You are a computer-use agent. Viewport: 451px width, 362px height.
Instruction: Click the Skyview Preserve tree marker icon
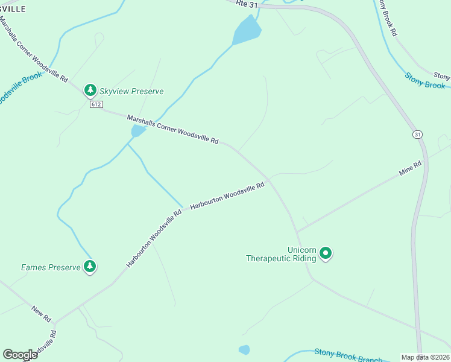tap(90, 91)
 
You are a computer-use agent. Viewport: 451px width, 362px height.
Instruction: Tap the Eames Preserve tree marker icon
tap(90, 266)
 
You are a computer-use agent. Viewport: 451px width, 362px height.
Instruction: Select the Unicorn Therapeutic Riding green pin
tap(326, 253)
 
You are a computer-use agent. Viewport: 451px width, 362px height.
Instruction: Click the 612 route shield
tap(95, 104)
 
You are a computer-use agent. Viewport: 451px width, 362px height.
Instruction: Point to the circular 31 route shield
tap(417, 134)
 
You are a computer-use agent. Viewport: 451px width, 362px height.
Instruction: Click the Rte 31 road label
tap(241, 4)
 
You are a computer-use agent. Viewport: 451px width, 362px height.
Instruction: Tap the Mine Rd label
tap(410, 168)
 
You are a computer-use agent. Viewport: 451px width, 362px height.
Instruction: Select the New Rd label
tap(42, 313)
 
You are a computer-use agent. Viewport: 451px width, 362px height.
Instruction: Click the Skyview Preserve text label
tap(131, 92)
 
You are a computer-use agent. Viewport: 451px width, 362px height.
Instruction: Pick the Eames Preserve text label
tap(51, 267)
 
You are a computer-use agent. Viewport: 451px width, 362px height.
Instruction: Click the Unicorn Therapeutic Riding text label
tap(281, 254)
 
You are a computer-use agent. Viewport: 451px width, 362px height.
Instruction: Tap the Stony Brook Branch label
tap(348, 356)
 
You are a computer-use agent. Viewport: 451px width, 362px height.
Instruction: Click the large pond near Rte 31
tap(247, 30)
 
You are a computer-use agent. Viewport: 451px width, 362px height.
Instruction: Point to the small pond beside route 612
tap(138, 131)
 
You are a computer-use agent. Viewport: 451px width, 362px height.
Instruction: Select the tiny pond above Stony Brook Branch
tap(244, 349)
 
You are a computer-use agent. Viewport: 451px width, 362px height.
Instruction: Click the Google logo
tap(20, 355)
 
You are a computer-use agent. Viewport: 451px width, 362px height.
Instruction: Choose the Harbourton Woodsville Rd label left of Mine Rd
tap(227, 196)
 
